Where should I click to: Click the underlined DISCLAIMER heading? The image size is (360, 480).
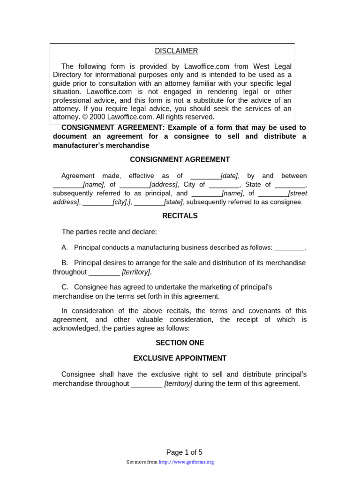point(176,51)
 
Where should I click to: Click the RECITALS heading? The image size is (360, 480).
point(180,216)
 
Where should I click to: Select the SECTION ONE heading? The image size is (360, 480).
point(180,343)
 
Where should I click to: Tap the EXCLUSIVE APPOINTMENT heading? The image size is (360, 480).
point(180,358)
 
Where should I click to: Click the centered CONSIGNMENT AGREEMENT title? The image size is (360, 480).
point(180,159)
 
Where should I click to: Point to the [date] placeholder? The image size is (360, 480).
point(229,176)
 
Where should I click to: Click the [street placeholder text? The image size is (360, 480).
point(298,193)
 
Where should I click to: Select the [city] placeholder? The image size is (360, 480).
point(120,202)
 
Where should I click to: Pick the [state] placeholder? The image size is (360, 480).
point(173,202)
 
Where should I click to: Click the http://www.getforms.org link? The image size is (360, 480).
point(187,462)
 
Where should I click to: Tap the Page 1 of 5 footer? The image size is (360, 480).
point(184,452)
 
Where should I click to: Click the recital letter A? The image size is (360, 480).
point(64,247)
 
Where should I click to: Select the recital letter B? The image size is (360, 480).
point(64,263)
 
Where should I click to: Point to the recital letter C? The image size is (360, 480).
point(64,287)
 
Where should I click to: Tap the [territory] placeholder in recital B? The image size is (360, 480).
point(136,272)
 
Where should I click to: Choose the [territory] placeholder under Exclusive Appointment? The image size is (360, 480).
point(178,383)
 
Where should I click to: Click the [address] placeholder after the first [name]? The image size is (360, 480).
point(164,185)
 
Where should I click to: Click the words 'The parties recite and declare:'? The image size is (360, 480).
point(109,232)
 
